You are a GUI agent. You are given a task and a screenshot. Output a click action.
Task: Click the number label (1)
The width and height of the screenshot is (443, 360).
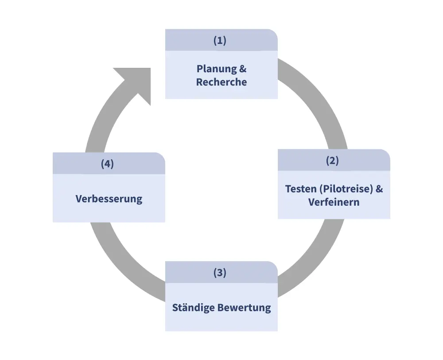tap(220, 40)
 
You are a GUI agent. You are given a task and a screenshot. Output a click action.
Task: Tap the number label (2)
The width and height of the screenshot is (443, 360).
tap(332, 160)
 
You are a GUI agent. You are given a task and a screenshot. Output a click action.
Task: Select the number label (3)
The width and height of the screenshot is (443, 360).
tap(220, 273)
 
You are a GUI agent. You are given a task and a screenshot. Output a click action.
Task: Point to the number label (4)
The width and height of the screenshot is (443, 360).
tap(107, 164)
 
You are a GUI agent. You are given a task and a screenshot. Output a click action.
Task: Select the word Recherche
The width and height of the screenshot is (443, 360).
tap(221, 82)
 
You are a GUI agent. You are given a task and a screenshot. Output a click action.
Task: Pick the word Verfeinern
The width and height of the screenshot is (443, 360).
tap(334, 202)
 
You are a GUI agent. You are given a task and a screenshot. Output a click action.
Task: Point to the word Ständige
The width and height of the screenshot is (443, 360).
tap(193, 308)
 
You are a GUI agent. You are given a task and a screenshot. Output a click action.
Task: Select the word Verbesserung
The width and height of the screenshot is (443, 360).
tap(109, 199)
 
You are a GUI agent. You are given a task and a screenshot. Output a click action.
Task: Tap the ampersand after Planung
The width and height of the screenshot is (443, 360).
tap(242, 69)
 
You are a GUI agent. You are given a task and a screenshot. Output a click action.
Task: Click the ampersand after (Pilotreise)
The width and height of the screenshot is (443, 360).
tap(379, 189)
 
